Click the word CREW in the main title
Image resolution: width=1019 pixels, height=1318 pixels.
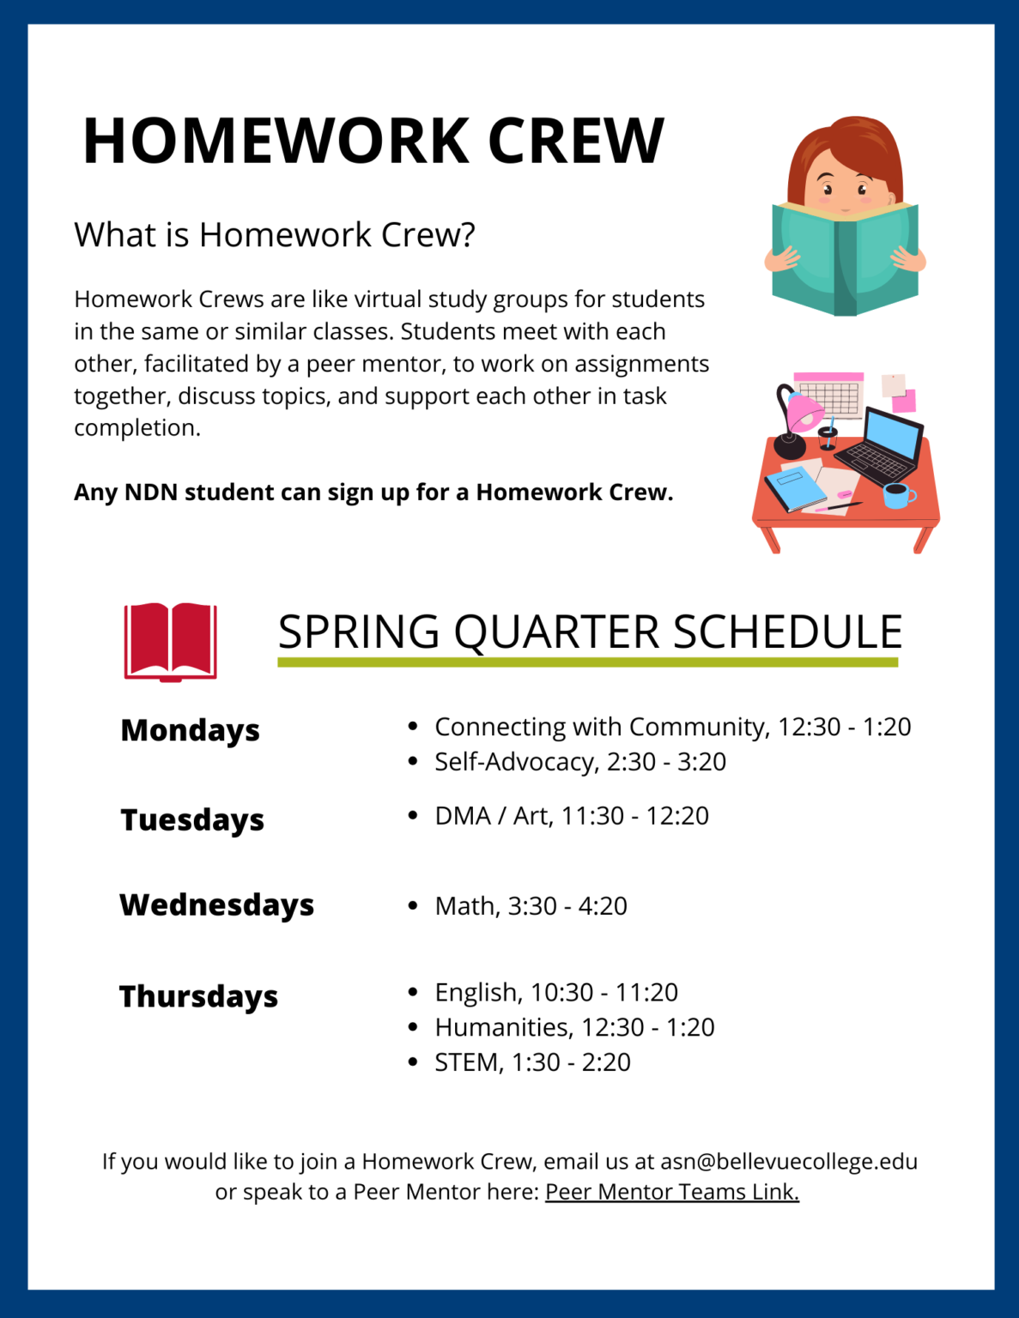click(576, 141)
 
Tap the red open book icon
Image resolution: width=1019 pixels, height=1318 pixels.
click(170, 641)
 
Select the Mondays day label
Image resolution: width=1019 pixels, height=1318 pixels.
click(190, 730)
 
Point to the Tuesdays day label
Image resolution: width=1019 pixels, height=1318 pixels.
click(192, 819)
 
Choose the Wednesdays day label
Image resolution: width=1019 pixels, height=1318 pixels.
click(216, 905)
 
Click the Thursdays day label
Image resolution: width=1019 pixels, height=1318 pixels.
click(198, 996)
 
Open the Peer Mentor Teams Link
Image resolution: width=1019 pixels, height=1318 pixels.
click(671, 1192)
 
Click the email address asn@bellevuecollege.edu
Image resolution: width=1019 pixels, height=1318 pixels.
click(788, 1161)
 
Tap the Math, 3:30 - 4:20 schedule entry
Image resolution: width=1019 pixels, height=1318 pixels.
click(531, 906)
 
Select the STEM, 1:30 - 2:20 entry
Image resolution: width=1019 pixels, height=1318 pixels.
click(532, 1062)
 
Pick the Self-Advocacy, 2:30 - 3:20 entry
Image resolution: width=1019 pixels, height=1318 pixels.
click(580, 762)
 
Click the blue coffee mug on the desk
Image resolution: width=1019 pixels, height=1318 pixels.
click(896, 495)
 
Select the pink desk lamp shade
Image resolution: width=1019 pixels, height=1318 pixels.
click(805, 411)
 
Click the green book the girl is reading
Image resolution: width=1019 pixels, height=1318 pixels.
click(845, 257)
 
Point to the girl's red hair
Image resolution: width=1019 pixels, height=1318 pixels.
click(846, 142)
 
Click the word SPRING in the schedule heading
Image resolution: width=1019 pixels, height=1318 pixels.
click(359, 632)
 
